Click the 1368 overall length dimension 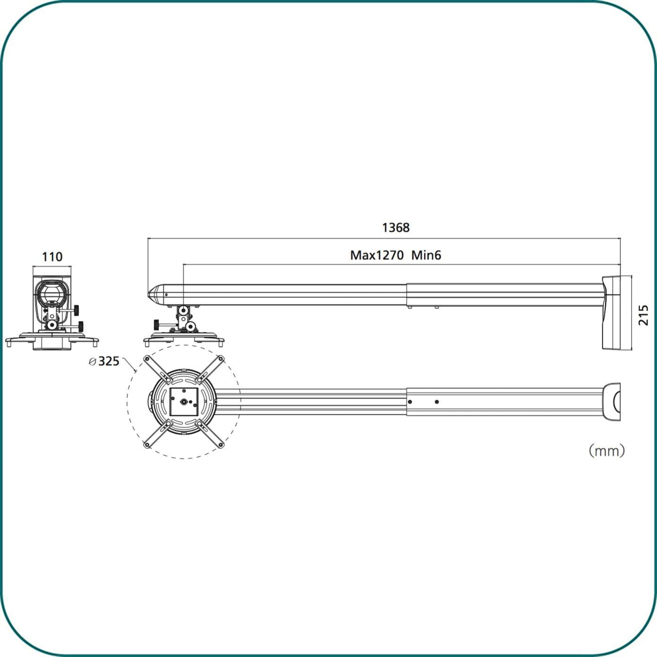(x=396, y=227)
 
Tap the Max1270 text (x=377, y=255)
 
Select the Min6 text (x=426, y=255)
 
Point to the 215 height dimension (x=643, y=315)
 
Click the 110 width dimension (x=52, y=257)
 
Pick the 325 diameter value (x=109, y=362)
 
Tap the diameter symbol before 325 (x=93, y=362)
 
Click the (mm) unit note (x=606, y=451)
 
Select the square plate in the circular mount (x=184, y=402)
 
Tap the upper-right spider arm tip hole (x=220, y=359)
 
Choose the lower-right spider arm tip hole (x=220, y=445)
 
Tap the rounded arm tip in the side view (x=154, y=295)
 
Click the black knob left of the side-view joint (x=156, y=325)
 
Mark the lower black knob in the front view (x=81, y=325)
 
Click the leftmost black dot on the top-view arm (x=410, y=402)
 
